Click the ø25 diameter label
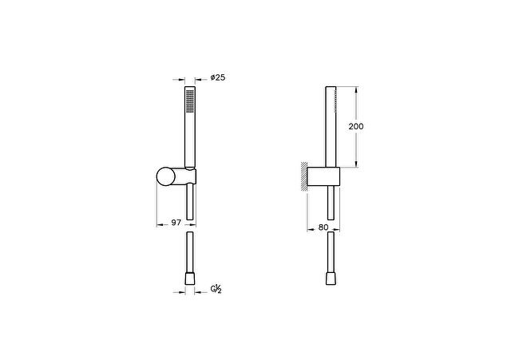pyautogui.click(x=218, y=77)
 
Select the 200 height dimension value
pyautogui.click(x=356, y=126)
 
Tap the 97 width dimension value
pyautogui.click(x=176, y=223)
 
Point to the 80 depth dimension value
pyautogui.click(x=323, y=227)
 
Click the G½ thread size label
pyautogui.click(x=216, y=289)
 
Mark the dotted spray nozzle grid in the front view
pyautogui.click(x=190, y=101)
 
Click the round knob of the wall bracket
pyautogui.click(x=166, y=176)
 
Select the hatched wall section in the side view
pyautogui.click(x=303, y=176)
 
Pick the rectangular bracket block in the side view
pyautogui.click(x=323, y=176)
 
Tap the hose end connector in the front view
pyautogui.click(x=190, y=279)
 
